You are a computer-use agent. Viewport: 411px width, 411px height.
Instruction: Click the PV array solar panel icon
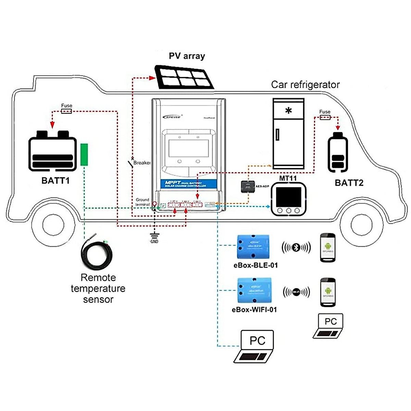point(184,77)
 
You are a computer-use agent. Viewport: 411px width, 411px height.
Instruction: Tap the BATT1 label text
point(55,180)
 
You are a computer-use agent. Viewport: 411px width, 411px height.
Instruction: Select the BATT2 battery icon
point(338,152)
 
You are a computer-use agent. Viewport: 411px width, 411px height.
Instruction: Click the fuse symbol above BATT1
point(66,111)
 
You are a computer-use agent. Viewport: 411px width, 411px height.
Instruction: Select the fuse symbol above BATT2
point(325,117)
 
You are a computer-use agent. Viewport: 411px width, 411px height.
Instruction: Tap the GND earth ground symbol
point(154,235)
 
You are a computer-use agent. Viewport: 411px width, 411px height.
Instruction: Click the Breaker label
point(142,163)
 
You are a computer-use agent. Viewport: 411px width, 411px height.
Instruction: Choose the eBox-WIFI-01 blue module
point(255,291)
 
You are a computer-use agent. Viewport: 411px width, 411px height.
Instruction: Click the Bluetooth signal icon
point(296,247)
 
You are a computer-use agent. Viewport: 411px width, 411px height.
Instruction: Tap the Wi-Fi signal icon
point(296,292)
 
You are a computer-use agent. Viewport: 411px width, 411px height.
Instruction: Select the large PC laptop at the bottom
point(255,346)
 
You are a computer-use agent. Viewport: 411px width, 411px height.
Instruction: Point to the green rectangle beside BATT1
point(84,155)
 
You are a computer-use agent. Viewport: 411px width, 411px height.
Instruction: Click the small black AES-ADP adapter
point(248,186)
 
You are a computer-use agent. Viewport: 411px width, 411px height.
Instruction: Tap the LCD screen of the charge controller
point(189,149)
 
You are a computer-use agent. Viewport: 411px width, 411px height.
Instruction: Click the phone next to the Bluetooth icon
point(327,248)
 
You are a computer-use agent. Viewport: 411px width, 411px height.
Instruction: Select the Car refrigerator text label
point(305,85)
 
